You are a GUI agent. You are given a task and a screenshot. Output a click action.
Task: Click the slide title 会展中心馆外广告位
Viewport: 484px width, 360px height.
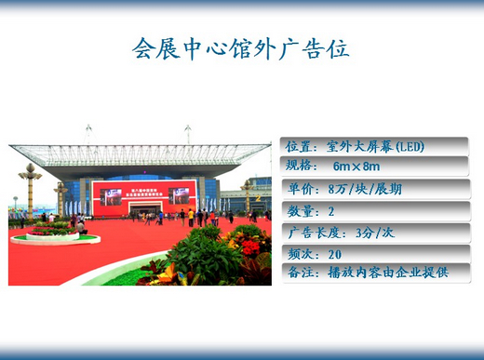tap(241, 48)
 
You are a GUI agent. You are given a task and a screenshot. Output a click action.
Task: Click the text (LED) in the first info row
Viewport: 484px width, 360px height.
tap(410, 147)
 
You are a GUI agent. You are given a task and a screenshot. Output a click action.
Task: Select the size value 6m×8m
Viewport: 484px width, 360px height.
tap(356, 167)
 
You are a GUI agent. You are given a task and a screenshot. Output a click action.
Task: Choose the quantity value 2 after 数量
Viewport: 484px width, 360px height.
tap(331, 211)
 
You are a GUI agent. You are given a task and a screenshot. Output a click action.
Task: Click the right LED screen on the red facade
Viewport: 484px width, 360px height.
tap(180, 197)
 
